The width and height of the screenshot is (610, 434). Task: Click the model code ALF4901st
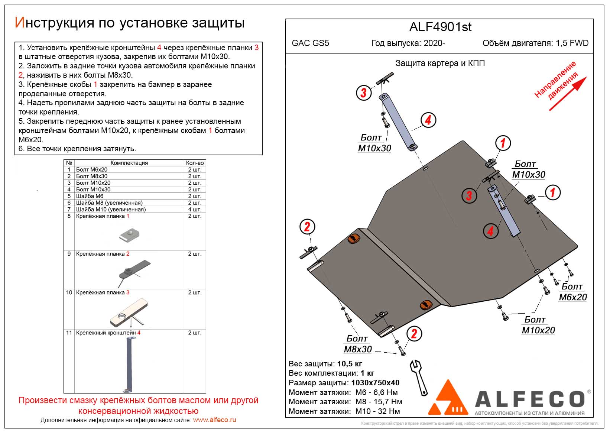click(440, 27)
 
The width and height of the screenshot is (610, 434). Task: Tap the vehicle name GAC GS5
click(310, 43)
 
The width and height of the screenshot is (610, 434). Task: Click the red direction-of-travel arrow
click(568, 93)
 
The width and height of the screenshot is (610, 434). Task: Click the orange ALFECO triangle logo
click(448, 399)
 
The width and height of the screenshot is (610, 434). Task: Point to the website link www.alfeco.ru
click(214, 420)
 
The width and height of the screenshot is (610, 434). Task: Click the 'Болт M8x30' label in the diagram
click(357, 344)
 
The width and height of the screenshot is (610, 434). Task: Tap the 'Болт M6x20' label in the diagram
click(572, 292)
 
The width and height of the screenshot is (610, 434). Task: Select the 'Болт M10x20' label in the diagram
click(538, 325)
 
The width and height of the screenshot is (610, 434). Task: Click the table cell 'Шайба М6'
click(90, 196)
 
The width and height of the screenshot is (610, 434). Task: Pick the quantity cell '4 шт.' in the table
click(195, 210)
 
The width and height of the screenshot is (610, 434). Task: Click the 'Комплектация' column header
click(129, 163)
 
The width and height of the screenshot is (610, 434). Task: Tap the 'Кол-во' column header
click(195, 163)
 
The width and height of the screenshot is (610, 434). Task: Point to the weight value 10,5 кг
click(350, 364)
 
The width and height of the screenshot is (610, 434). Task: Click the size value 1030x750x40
click(375, 383)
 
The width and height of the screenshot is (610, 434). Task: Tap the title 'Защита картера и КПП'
click(440, 63)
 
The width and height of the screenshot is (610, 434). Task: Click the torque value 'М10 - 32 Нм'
click(377, 411)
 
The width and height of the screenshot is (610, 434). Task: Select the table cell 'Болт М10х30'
click(93, 190)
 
